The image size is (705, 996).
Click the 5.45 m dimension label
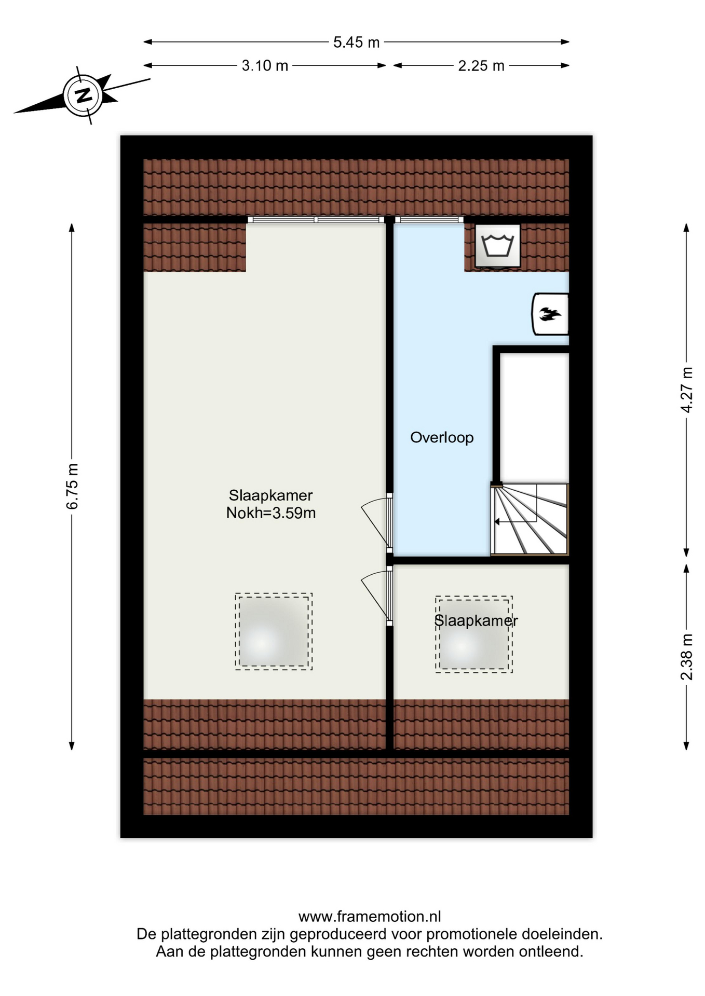point(356,42)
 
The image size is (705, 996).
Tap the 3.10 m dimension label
point(265,65)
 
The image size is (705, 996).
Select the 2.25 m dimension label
point(481,65)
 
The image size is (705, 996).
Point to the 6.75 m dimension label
point(72,486)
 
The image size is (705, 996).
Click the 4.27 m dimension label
point(686,389)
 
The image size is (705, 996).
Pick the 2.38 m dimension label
point(686,657)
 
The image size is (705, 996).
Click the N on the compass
point(83,95)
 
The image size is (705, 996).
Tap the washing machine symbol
point(498,246)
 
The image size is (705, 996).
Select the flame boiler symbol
point(550,314)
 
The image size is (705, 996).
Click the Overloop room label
point(442,437)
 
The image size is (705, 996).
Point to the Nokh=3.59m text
point(271,513)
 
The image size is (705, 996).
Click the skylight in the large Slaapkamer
point(274,631)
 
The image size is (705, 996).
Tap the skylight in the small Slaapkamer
point(474,634)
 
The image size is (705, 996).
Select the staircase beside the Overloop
point(530,519)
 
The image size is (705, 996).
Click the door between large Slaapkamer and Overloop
point(378,521)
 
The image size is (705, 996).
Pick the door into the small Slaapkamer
point(378,596)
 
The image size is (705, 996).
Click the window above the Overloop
point(429,219)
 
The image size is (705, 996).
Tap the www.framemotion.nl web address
point(370,917)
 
